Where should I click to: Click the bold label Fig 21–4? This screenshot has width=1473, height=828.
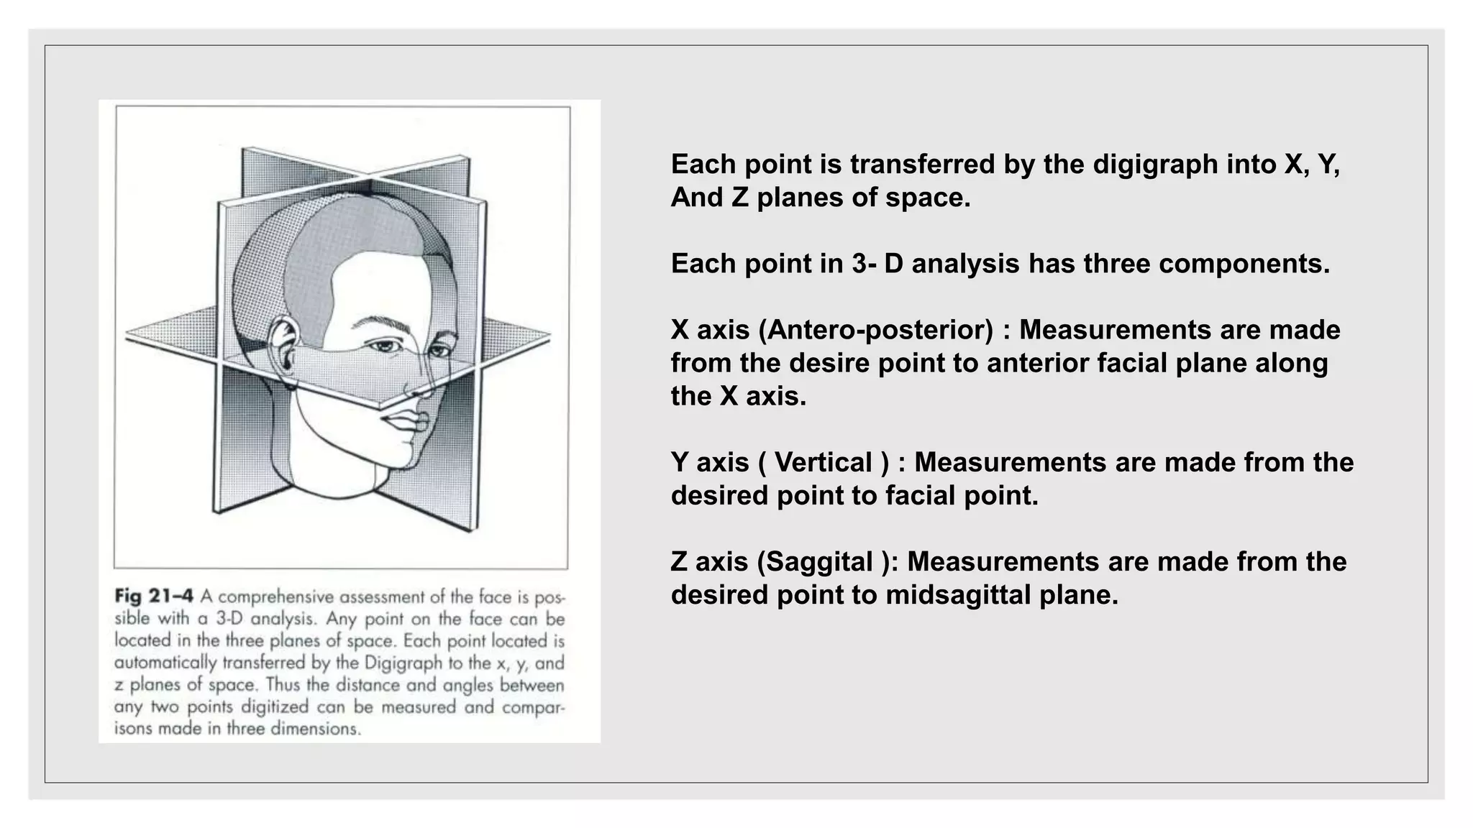tap(154, 597)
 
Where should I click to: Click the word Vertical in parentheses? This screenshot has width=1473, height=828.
tap(823, 462)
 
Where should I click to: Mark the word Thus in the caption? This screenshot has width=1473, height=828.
tap(282, 685)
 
